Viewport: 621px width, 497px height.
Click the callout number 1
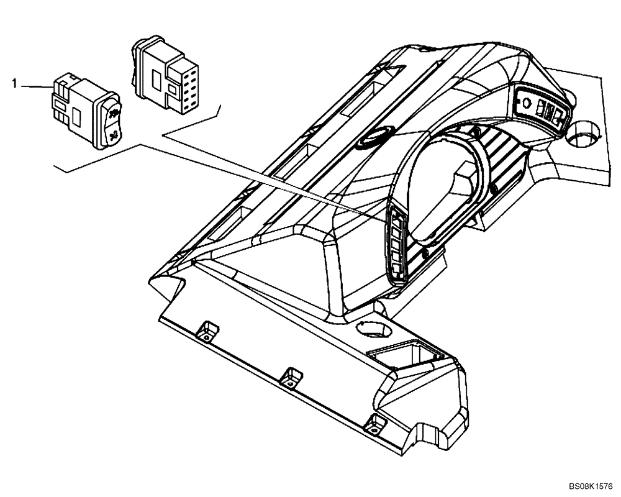12,81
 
